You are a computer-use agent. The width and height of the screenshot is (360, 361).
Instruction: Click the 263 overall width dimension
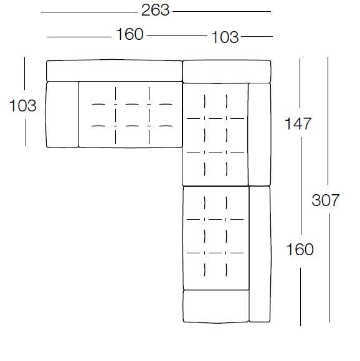pyautogui.click(x=155, y=11)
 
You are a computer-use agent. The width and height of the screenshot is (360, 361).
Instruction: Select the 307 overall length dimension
pyautogui.click(x=326, y=200)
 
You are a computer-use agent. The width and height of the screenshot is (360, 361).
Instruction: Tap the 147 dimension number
pyautogui.click(x=298, y=124)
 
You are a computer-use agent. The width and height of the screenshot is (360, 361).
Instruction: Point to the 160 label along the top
pyautogui.click(x=130, y=34)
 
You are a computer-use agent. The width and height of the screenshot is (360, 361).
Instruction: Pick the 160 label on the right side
pyautogui.click(x=300, y=250)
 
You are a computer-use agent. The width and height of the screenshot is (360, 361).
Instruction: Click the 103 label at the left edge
pyautogui.click(x=23, y=106)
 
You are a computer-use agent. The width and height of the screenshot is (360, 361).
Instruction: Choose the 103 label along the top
pyautogui.click(x=225, y=37)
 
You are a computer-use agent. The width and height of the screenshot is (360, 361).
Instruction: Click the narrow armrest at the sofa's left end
pyautogui.click(x=62, y=115)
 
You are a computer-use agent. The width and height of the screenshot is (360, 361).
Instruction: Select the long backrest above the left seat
pyautogui.click(x=115, y=71)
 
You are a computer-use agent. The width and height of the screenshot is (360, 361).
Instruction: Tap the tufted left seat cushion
pyautogui.click(x=130, y=115)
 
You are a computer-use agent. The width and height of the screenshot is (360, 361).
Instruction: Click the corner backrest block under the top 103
pyautogui.click(x=227, y=72)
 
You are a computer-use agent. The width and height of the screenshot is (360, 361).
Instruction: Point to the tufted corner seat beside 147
pyautogui.click(x=216, y=134)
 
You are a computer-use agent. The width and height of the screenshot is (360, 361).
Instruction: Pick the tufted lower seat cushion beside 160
pyautogui.click(x=216, y=238)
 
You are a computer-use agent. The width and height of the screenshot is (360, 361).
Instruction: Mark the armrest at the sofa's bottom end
pyautogui.click(x=216, y=306)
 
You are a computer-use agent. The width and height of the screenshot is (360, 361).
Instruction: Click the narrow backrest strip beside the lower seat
pyautogui.click(x=260, y=254)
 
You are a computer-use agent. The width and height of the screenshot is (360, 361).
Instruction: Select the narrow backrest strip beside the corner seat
pyautogui.click(x=259, y=134)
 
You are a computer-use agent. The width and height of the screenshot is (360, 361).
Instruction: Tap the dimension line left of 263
pyautogui.click(x=89, y=12)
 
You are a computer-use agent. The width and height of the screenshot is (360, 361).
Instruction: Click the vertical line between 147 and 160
pyautogui.click(x=301, y=186)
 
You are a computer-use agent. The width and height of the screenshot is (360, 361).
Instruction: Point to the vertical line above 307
pyautogui.click(x=328, y=122)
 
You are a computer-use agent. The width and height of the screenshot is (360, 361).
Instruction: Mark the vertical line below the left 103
pyautogui.click(x=26, y=133)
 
